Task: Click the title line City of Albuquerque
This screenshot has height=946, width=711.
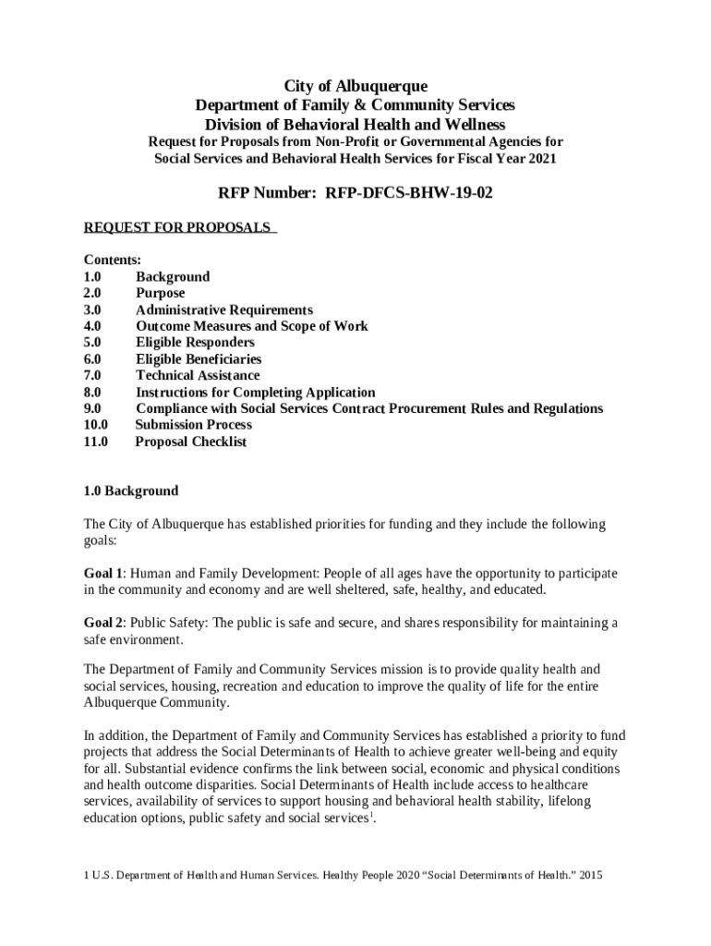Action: click(x=355, y=86)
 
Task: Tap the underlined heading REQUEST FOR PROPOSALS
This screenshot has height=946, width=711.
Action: click(x=178, y=227)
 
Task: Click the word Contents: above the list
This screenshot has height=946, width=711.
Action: click(x=113, y=261)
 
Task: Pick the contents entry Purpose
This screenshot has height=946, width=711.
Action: click(x=161, y=293)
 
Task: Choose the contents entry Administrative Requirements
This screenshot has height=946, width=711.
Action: click(x=224, y=309)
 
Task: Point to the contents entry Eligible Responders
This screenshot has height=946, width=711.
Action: click(x=195, y=342)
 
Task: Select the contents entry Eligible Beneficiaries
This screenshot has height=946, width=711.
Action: click(x=199, y=358)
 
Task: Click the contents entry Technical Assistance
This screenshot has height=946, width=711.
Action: click(x=198, y=375)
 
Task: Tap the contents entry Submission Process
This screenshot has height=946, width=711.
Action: click(x=193, y=425)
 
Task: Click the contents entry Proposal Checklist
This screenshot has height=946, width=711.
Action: click(x=191, y=442)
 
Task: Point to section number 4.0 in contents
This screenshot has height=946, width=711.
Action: click(x=92, y=326)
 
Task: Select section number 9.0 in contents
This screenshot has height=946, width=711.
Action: click(x=92, y=408)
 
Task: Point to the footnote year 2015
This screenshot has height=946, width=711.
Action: click(x=589, y=875)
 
